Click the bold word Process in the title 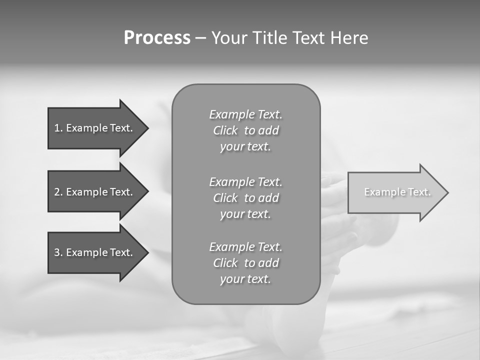click(x=157, y=38)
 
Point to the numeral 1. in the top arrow click(x=58, y=128)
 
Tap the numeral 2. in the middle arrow click(x=58, y=192)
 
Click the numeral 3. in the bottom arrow click(x=58, y=252)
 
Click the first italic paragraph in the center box click(x=245, y=130)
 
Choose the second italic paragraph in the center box click(x=245, y=198)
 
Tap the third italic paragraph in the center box click(x=245, y=263)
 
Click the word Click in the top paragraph click(x=225, y=130)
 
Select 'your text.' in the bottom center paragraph click(x=245, y=279)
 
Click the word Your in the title click(x=230, y=38)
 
